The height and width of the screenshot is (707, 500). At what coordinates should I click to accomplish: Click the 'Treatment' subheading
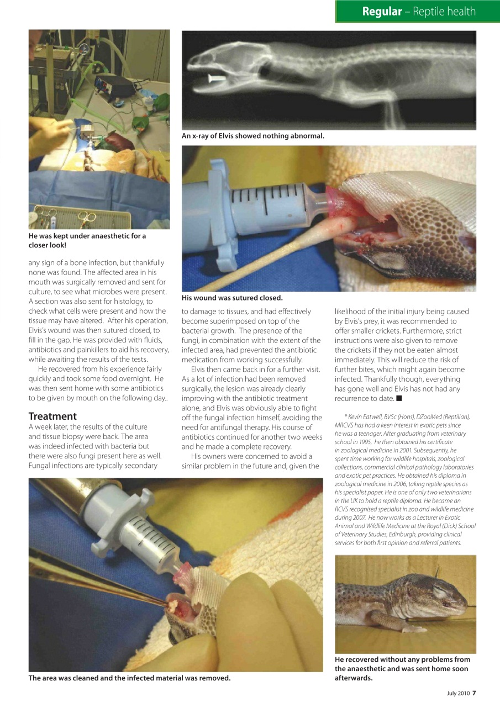click(52, 416)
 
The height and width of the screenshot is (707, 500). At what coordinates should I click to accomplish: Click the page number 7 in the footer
click(473, 694)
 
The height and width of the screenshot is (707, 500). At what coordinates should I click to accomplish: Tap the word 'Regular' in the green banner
click(382, 12)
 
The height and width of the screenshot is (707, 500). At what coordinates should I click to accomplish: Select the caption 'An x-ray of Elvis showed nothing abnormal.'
click(253, 136)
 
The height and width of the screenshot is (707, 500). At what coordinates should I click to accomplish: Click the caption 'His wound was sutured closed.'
click(232, 298)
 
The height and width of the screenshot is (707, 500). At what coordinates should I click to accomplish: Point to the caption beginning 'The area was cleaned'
click(129, 678)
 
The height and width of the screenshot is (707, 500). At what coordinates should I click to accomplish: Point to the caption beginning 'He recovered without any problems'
click(402, 668)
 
